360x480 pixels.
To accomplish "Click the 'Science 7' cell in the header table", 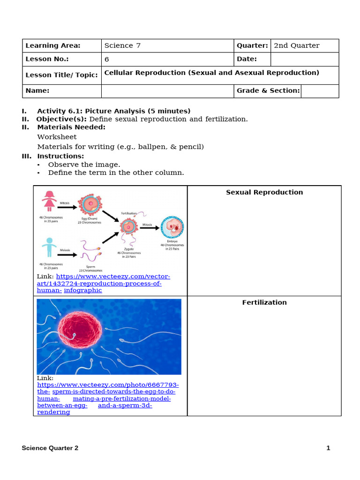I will (x=122, y=45).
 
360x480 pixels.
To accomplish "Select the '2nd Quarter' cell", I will (x=296, y=45).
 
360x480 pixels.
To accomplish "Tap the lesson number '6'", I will (x=107, y=60).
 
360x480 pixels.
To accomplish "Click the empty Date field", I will (x=304, y=59).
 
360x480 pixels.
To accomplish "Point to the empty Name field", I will (x=167, y=91).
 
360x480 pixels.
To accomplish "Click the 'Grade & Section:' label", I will (x=268, y=90).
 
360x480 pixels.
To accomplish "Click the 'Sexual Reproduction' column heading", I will (x=264, y=192).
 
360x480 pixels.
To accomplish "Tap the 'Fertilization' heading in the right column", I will (x=264, y=302).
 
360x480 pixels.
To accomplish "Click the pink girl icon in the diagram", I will (x=49, y=201).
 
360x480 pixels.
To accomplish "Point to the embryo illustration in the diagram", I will (x=172, y=228).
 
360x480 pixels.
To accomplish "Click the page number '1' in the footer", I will (x=328, y=448).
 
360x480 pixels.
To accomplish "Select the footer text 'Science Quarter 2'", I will (x=50, y=448).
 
